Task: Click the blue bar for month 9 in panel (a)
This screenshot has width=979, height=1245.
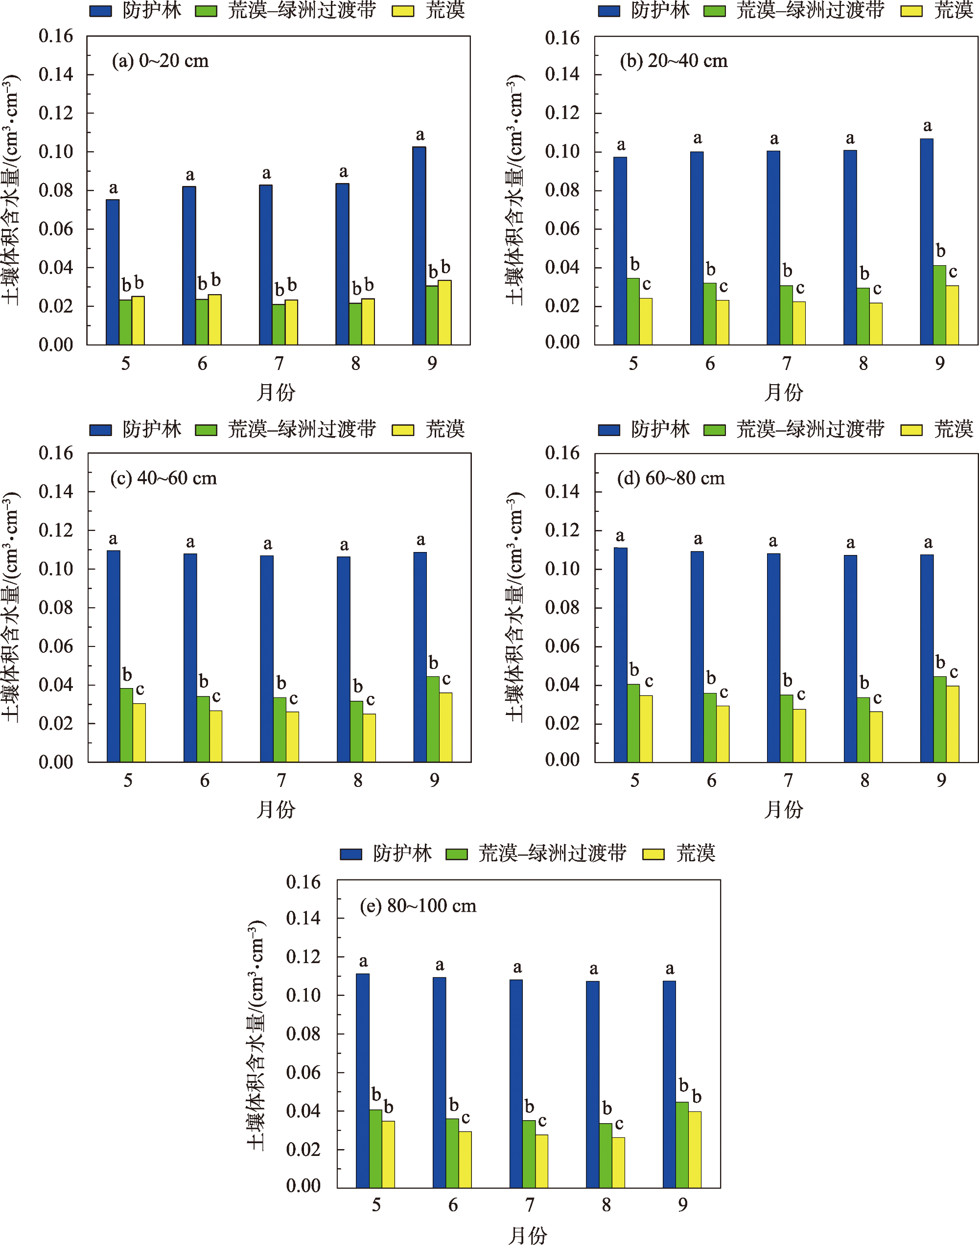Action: pyautogui.click(x=419, y=246)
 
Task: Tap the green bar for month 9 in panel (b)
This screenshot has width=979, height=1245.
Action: pyautogui.click(x=939, y=305)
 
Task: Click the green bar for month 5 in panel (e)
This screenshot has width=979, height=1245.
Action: pyautogui.click(x=375, y=1148)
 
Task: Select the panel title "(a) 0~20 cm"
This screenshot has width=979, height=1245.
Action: pyautogui.click(x=160, y=61)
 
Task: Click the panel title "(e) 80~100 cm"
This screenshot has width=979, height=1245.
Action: pyautogui.click(x=418, y=905)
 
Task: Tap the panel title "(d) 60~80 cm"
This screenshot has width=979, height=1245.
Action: pyautogui.click(x=671, y=478)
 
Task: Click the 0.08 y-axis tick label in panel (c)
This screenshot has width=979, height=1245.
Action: pyautogui.click(x=56, y=607)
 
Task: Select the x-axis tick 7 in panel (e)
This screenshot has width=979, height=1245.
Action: pyautogui.click(x=530, y=1204)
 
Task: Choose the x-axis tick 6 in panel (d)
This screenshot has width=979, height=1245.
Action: pyautogui.click(x=711, y=781)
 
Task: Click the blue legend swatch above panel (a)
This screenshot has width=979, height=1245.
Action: pyautogui.click(x=100, y=11)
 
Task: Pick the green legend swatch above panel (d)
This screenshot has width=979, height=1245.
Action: pyautogui.click(x=714, y=430)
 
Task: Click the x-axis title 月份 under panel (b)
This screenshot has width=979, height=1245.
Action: pyautogui.click(x=784, y=392)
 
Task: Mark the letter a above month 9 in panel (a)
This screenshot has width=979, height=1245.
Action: pyautogui.click(x=420, y=135)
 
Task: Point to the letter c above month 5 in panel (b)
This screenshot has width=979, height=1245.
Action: pyautogui.click(x=647, y=284)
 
